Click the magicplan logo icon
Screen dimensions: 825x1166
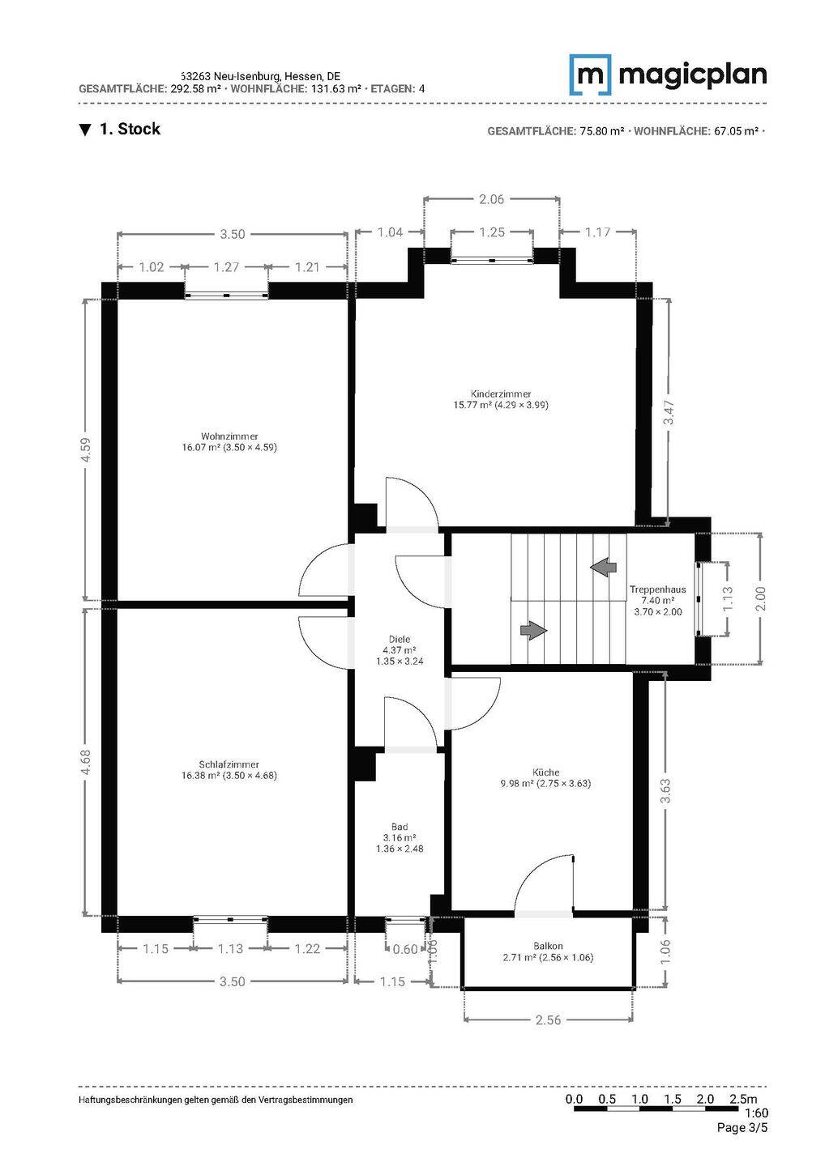coord(590,75)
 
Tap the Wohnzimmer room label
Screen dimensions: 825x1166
coord(229,436)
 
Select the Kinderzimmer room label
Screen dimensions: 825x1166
coord(501,394)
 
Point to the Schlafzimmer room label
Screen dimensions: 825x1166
coord(229,764)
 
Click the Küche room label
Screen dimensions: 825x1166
coord(546,772)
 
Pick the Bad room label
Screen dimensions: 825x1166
coord(400,826)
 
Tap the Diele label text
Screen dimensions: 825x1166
coord(400,639)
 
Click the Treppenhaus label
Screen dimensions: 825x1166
coord(658,589)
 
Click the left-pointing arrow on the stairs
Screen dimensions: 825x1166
coord(604,566)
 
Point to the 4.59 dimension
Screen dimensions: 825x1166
coord(86,449)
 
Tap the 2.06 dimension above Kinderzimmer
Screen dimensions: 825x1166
coord(491,199)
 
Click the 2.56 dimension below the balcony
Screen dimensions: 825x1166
coord(548,1019)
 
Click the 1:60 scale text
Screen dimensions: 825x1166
coord(756,1113)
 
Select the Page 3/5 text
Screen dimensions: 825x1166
coord(742,1127)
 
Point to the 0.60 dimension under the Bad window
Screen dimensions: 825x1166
coord(405,949)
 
